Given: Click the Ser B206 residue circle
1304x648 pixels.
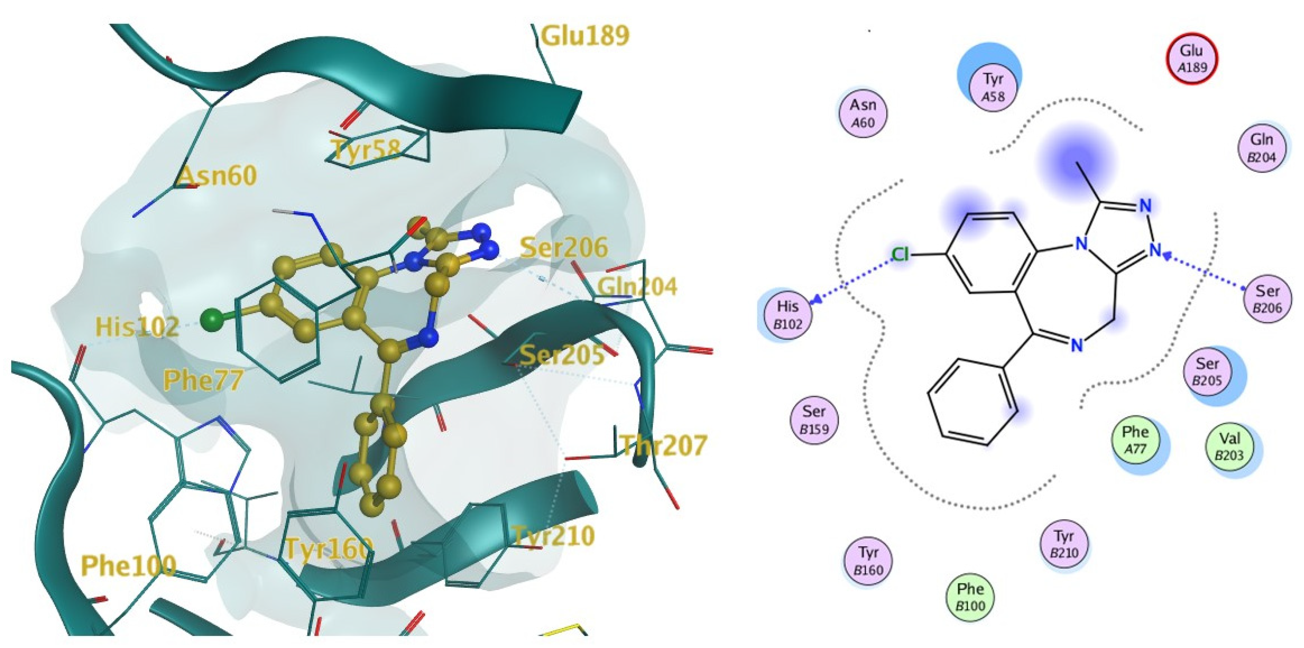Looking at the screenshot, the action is click(1267, 299).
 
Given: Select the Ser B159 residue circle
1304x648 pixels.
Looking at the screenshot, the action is click(814, 420).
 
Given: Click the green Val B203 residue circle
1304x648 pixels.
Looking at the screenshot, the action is click(1230, 447).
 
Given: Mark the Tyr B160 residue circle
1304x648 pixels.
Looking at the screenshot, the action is click(868, 561).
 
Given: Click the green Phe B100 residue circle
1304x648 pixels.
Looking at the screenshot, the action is click(970, 597).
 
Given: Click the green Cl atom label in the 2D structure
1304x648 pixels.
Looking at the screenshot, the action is click(900, 255).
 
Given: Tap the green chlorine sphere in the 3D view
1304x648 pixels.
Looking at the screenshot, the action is click(212, 320).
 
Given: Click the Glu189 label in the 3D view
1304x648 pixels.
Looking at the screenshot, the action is click(585, 36).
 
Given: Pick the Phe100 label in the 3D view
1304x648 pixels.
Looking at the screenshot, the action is click(129, 565).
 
